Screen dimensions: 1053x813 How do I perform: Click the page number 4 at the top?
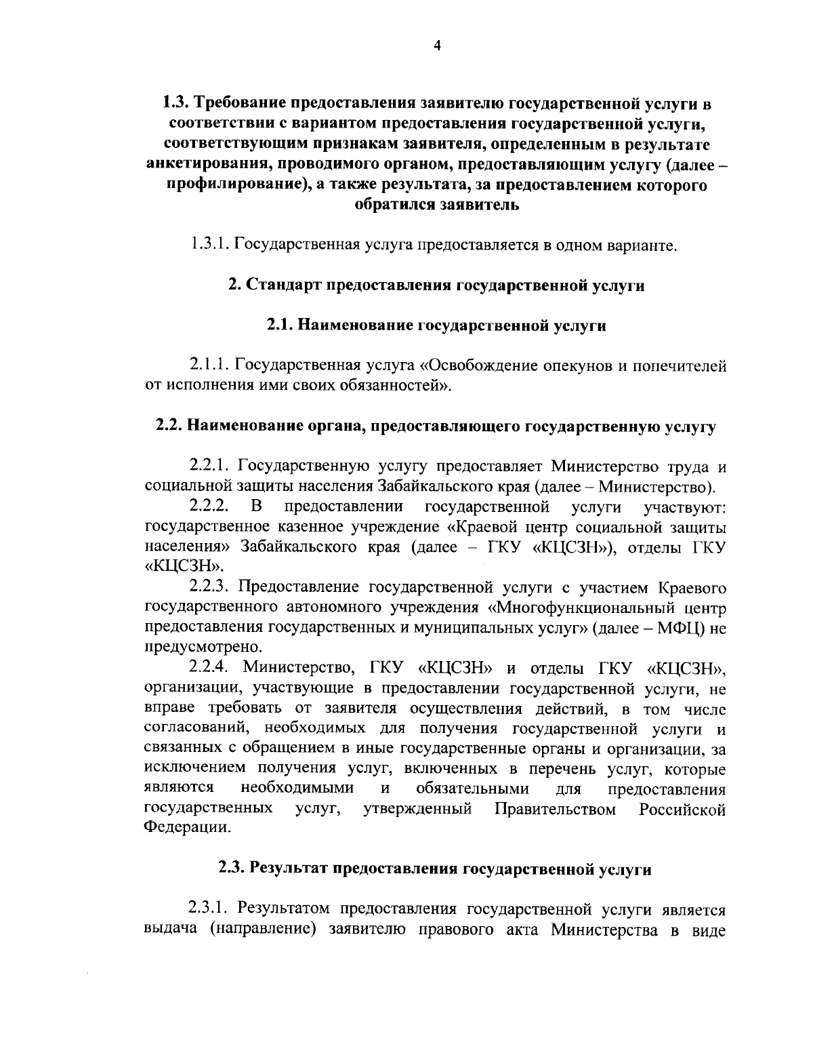[437, 46]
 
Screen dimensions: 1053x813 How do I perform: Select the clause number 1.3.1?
[211, 244]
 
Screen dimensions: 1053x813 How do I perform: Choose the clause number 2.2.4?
[211, 669]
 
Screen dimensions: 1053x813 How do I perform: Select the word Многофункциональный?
[591, 608]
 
